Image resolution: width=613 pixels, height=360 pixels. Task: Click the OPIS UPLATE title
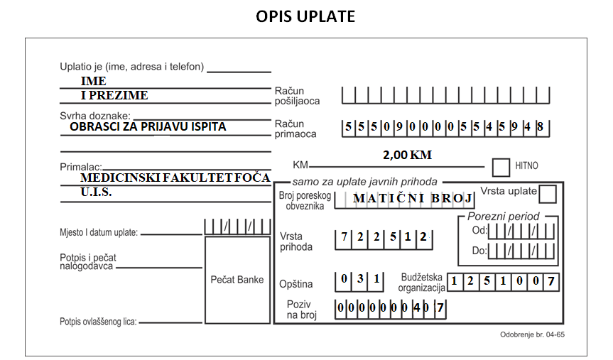305,16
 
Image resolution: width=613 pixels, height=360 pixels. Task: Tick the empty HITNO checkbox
501,168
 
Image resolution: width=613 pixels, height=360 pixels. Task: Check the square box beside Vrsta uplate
548,194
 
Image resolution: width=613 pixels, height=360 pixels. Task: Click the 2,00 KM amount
407,155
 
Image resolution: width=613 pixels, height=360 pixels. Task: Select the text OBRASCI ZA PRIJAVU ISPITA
148,126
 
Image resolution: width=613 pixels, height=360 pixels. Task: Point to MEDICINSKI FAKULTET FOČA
175,178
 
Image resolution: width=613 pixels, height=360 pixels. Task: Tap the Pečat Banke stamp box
237,280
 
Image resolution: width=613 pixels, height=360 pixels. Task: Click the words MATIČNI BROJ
413,198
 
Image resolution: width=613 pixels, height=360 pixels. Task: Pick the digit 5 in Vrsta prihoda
393,236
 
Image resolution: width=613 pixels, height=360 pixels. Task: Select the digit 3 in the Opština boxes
360,278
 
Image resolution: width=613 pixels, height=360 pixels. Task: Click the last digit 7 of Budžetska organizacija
550,281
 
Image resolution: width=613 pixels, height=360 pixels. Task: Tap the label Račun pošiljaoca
297,96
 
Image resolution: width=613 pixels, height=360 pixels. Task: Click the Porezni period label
503,217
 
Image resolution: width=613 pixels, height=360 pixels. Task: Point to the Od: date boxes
521,231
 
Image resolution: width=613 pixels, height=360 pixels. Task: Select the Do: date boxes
521,251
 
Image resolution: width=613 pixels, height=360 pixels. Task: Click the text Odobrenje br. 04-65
532,334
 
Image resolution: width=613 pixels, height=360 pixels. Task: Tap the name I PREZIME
114,95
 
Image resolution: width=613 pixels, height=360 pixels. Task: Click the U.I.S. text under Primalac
96,192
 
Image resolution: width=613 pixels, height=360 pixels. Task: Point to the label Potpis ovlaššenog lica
98,322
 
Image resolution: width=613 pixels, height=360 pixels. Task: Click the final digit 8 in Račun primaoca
540,126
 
